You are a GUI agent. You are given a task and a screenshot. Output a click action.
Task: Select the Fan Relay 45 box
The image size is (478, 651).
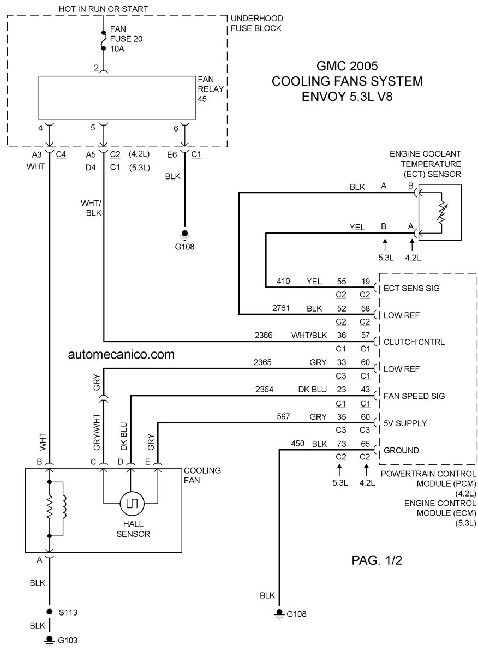[117, 98]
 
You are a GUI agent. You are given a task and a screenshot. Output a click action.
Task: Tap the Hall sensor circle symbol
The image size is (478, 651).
[132, 504]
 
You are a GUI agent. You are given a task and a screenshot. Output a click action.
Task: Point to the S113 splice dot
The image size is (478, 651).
[50, 612]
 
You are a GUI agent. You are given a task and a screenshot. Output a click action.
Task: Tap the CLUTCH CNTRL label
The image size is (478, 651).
[414, 342]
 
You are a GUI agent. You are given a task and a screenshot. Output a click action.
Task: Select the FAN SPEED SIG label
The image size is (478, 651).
[414, 396]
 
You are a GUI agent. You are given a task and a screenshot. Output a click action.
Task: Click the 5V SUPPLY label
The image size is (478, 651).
[405, 423]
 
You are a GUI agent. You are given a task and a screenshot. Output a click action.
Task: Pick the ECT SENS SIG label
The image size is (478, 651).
[411, 288]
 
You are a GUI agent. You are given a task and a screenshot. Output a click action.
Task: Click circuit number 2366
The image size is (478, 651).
[264, 335]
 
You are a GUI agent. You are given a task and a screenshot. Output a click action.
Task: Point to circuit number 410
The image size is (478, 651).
[283, 281]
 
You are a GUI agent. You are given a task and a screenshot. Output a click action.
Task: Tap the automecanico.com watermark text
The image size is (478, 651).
[121, 354]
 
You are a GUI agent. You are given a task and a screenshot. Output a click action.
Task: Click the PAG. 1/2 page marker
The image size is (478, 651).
[377, 560]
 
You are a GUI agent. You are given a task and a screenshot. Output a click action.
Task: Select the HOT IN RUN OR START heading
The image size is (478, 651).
[104, 9]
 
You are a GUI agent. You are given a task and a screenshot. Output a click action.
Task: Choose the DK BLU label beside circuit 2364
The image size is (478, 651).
[312, 390]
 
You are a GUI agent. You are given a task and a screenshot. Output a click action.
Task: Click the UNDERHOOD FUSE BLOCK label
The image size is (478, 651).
[256, 23]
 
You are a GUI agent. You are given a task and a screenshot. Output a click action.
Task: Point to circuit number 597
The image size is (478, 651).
[283, 416]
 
